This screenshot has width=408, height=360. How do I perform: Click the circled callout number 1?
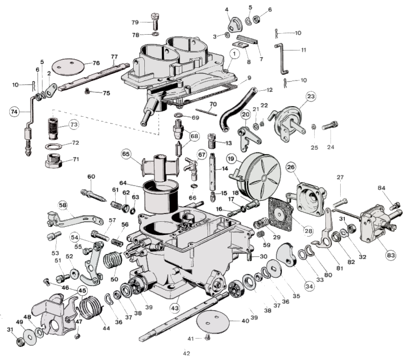235,53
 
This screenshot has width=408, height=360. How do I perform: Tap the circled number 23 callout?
311,96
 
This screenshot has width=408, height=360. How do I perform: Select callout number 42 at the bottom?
186,353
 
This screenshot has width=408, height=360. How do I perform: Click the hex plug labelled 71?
54,162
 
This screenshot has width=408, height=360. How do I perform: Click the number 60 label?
91,177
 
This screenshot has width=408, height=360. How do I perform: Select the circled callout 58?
63,205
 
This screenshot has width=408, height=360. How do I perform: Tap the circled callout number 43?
175,308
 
